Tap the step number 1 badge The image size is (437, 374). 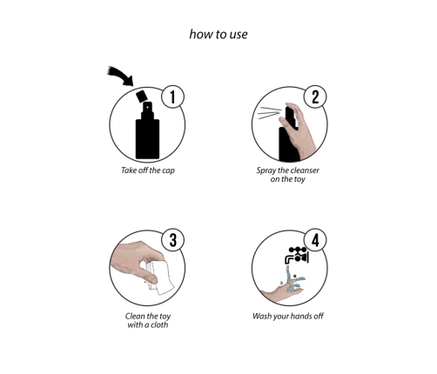tap(175, 97)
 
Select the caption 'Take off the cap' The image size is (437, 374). tap(147, 170)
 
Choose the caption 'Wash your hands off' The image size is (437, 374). tap(286, 316)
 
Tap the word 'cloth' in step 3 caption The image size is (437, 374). tap(158, 325)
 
